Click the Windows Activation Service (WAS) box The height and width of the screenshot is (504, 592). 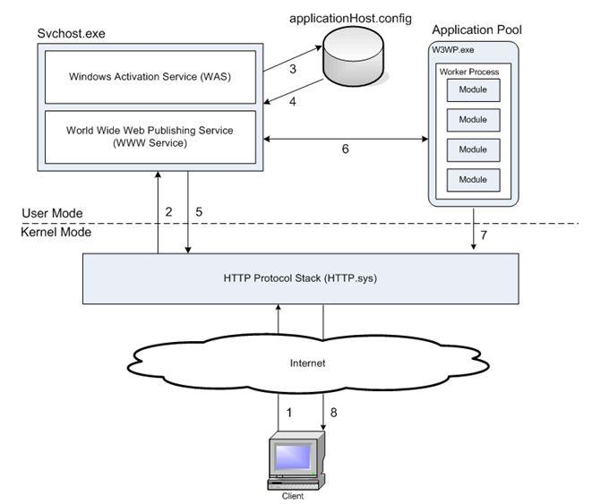[x=150, y=75]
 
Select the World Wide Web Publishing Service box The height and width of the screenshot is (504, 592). [x=150, y=137]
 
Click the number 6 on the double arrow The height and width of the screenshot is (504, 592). [x=345, y=150]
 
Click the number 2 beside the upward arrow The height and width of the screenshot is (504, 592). [x=167, y=211]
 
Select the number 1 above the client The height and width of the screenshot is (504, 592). [x=288, y=414]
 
